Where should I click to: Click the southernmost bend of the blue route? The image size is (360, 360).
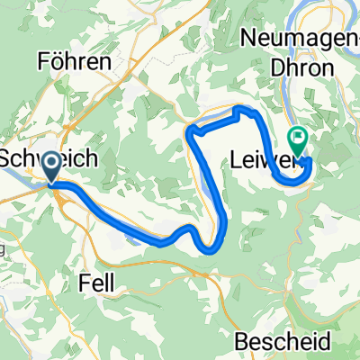pyautogui.click(x=211, y=251)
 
